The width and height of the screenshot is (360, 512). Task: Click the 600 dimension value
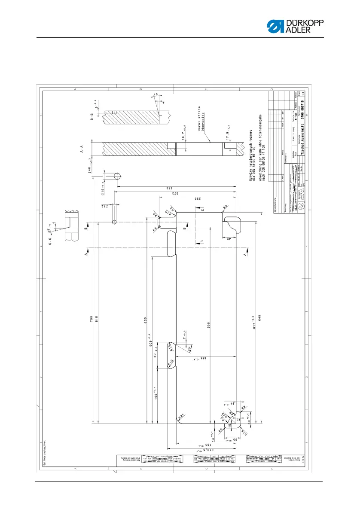pos(209,325)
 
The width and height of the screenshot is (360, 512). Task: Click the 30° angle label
pos(190,349)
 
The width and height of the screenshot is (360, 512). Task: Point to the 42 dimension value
pos(229,239)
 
